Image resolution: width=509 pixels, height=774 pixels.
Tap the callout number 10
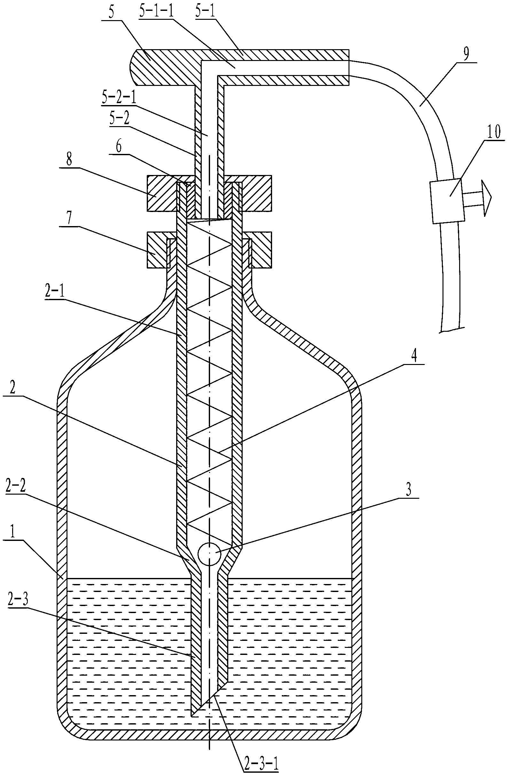(493, 133)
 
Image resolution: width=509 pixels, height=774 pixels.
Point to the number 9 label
(466, 55)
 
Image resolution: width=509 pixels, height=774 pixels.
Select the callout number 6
(119, 147)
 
